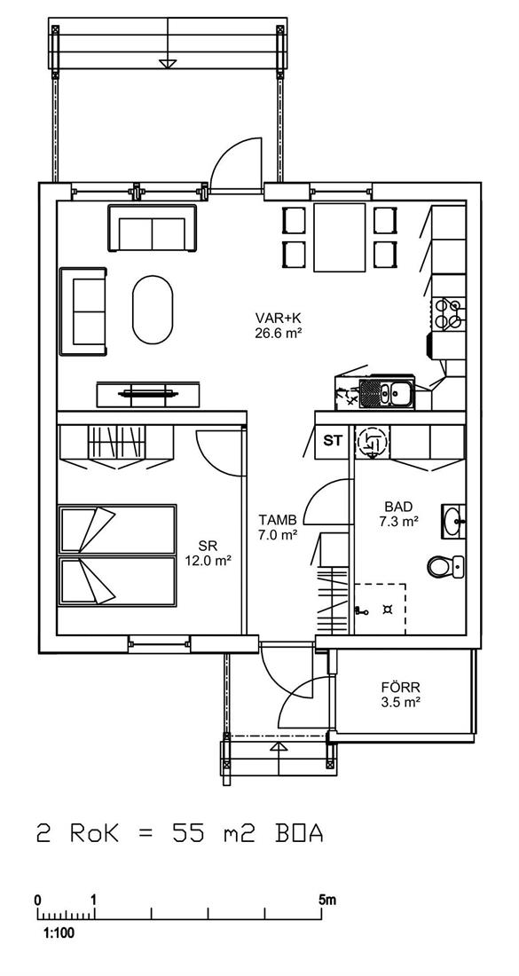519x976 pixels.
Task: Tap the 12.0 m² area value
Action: click(x=208, y=561)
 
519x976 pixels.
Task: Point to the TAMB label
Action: click(x=277, y=519)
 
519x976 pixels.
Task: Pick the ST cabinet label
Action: click(x=333, y=441)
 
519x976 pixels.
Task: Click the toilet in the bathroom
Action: click(x=445, y=566)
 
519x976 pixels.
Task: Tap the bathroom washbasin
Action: click(x=452, y=520)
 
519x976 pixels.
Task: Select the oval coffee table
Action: click(x=153, y=310)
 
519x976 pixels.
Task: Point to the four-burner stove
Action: click(x=448, y=313)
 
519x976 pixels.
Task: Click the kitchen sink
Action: click(x=387, y=393)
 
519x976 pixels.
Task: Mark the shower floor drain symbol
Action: click(x=389, y=608)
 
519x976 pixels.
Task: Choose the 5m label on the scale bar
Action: click(x=326, y=900)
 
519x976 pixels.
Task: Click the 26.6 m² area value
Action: click(x=278, y=333)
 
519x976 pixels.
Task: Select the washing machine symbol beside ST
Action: click(x=372, y=442)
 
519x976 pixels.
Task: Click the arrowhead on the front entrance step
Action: click(x=279, y=747)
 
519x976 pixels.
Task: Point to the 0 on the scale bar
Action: click(x=38, y=900)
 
